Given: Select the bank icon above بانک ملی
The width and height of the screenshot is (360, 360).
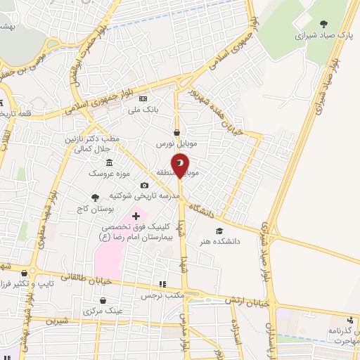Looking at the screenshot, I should click(144, 99).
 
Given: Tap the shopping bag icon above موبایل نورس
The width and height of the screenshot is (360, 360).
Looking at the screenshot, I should click(177, 131).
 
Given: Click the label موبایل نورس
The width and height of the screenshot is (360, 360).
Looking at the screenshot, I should click(175, 142).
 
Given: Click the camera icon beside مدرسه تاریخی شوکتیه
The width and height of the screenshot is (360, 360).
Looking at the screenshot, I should click(144, 186).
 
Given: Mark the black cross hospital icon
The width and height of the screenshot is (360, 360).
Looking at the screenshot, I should click(136, 215).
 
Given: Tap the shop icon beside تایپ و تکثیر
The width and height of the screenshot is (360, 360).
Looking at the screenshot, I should click(25, 274).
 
